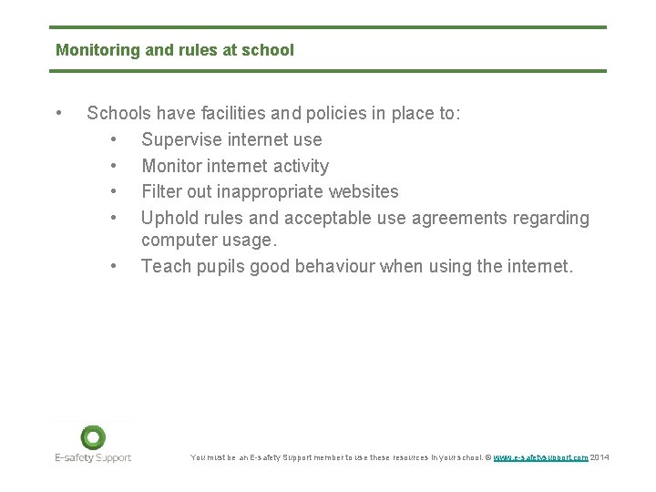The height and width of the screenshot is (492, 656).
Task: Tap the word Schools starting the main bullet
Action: click(118, 114)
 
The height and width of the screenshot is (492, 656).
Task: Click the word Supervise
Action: click(182, 139)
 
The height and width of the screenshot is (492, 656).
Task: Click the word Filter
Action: click(161, 191)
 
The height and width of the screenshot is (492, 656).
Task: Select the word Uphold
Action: click(167, 218)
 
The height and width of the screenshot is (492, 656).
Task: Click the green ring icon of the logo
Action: click(93, 436)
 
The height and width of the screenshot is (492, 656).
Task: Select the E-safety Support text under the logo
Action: click(93, 457)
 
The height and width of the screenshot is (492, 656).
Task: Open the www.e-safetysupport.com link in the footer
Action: click(540, 456)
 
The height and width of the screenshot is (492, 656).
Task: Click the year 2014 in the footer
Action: click(600, 456)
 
